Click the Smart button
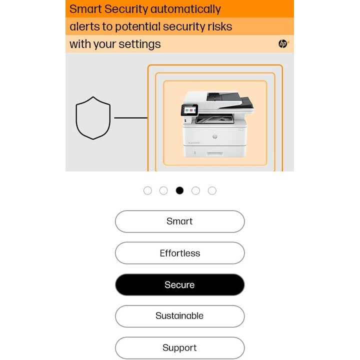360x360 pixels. (x=180, y=221)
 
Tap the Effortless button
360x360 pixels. (x=180, y=253)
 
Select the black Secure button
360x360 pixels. (x=180, y=284)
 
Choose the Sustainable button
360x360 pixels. (x=180, y=316)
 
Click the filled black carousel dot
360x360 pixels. (x=179, y=190)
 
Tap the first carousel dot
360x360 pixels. (x=147, y=190)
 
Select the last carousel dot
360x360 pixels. (x=212, y=190)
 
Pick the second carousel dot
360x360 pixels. (x=163, y=190)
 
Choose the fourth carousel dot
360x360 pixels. (x=195, y=190)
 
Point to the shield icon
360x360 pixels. (x=93, y=118)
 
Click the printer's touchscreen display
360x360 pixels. (x=189, y=110)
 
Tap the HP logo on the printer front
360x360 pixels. (x=214, y=136)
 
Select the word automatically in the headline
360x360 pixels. (x=185, y=9)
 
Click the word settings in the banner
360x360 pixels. (x=139, y=44)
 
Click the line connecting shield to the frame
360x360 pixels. (x=130, y=118)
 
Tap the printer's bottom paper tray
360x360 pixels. (x=215, y=151)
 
